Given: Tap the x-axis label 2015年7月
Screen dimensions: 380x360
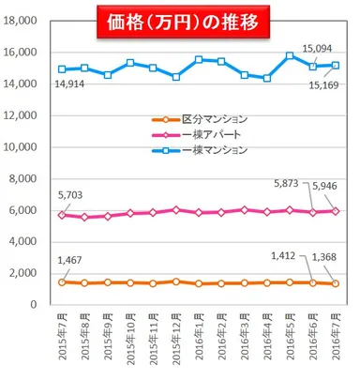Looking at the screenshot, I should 62,338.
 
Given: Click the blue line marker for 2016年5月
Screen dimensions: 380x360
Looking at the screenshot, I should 290,55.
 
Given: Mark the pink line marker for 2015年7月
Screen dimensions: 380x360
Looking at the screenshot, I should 61,215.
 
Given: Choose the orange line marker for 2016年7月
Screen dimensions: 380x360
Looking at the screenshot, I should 336,283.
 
